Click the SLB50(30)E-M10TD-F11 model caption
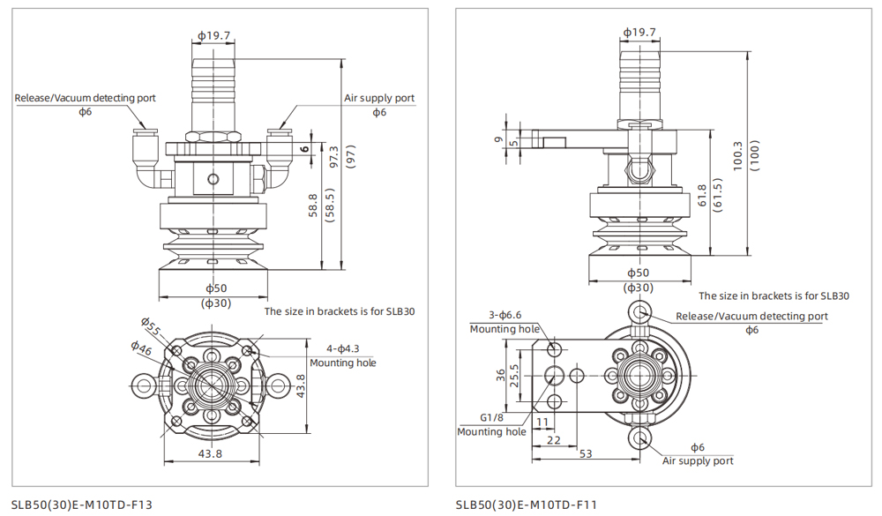[527, 505]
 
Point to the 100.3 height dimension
[738, 157]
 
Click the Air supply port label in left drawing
[378, 98]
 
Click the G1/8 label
[491, 417]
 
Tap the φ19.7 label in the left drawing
[214, 36]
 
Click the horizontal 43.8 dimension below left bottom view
[210, 453]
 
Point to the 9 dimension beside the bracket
[497, 138]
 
